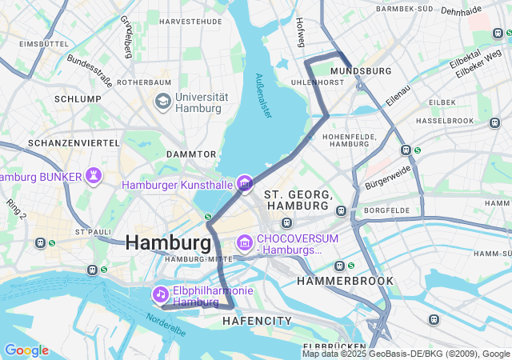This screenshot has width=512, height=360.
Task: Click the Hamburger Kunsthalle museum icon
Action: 244,184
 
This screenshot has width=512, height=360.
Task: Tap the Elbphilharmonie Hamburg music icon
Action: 162,295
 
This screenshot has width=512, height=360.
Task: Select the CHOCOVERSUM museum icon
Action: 244,242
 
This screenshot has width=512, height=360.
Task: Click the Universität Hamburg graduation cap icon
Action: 163,102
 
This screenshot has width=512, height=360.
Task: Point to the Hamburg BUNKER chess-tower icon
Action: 94,175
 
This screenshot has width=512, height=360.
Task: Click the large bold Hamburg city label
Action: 168,242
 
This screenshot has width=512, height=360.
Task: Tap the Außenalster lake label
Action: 263,97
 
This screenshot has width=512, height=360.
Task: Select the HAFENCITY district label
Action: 257,321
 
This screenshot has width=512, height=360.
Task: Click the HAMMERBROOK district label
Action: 345,281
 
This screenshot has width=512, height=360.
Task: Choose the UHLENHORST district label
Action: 316,82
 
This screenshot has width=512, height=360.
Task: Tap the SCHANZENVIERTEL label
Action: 62,142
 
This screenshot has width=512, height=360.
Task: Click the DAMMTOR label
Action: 191,154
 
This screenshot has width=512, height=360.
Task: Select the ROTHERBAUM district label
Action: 144,82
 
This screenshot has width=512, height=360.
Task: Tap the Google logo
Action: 26,350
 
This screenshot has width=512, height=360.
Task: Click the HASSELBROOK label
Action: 446,120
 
